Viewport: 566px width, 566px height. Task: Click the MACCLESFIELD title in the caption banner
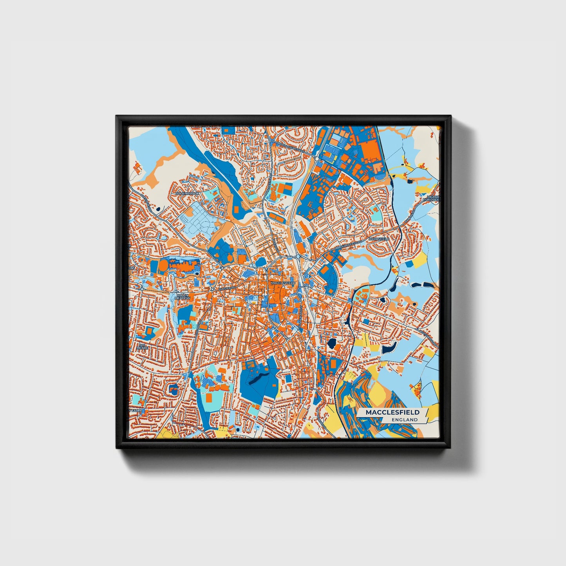point(392,412)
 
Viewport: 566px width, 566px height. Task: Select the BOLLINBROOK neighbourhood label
point(188,193)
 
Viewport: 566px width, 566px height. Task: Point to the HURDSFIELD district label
point(378,239)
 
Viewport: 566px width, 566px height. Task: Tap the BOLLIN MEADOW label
point(183,297)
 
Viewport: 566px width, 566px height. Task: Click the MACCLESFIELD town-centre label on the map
point(282,282)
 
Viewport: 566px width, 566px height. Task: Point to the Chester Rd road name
point(227,288)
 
